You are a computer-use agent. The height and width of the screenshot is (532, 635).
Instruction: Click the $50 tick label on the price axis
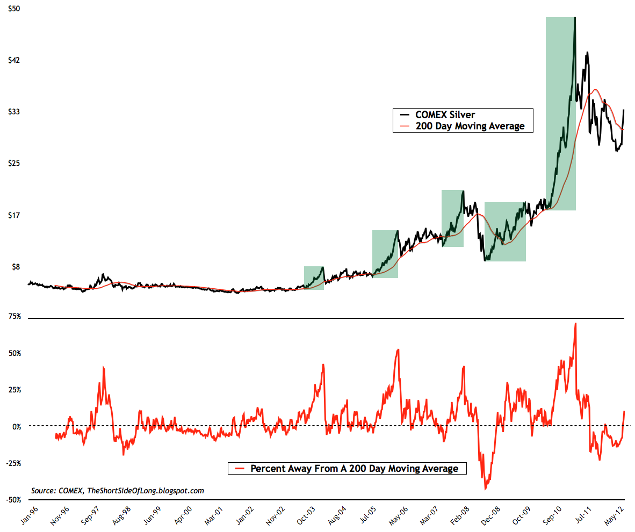pyautogui.click(x=12, y=9)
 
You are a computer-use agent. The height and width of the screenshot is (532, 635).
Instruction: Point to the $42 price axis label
pyautogui.click(x=12, y=60)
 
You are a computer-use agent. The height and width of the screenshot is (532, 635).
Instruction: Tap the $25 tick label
pyautogui.click(x=12, y=163)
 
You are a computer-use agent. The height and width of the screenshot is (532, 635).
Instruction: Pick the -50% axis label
pyautogui.click(x=13, y=500)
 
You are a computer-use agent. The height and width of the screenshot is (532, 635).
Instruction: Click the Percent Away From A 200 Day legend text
pyautogui.click(x=355, y=469)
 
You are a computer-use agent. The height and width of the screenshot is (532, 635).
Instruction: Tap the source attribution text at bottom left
pyautogui.click(x=118, y=491)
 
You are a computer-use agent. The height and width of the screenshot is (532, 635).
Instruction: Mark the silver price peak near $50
pyautogui.click(x=575, y=18)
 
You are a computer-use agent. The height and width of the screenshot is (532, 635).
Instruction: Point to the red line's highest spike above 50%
pyautogui.click(x=575, y=323)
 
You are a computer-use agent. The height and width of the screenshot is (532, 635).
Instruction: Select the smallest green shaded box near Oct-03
pyautogui.click(x=314, y=278)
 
